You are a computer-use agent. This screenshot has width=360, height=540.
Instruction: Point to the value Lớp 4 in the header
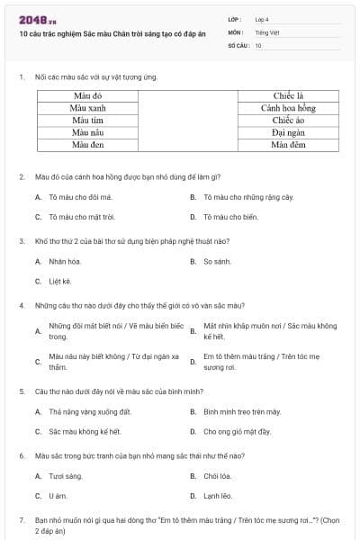point(262,18)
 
